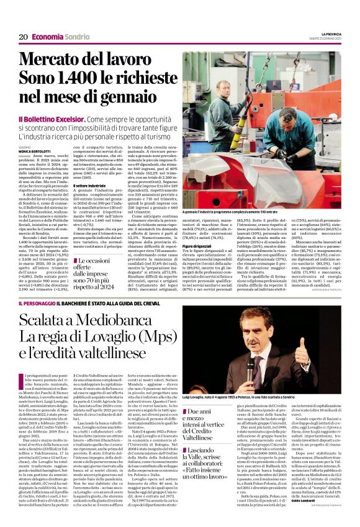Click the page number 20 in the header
click(x=22, y=37)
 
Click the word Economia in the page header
click(x=48, y=37)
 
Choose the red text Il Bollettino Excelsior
click(x=65, y=119)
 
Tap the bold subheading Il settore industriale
click(x=89, y=186)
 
